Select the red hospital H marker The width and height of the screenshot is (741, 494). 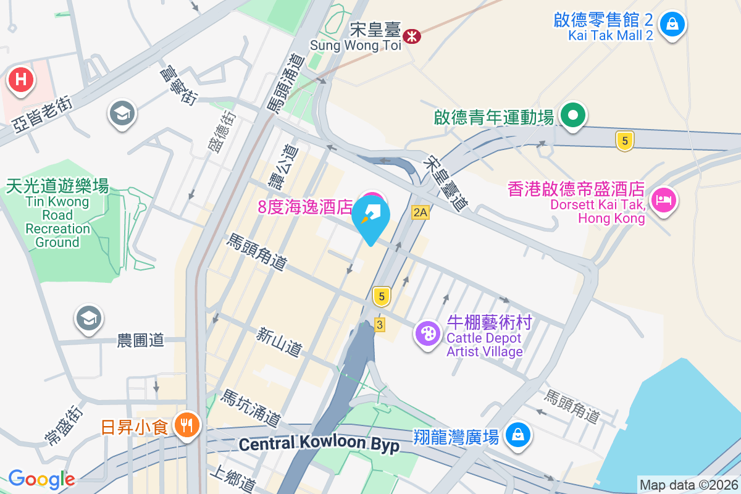(x=21, y=80)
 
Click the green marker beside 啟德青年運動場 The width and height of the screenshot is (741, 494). (x=573, y=115)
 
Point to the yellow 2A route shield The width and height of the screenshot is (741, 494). (x=420, y=212)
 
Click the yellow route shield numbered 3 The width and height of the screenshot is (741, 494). (x=380, y=324)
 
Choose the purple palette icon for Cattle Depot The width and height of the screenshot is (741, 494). (x=427, y=335)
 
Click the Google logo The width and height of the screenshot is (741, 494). (x=41, y=479)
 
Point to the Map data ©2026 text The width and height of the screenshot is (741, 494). (x=689, y=485)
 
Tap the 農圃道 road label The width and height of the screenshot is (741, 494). (x=140, y=340)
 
